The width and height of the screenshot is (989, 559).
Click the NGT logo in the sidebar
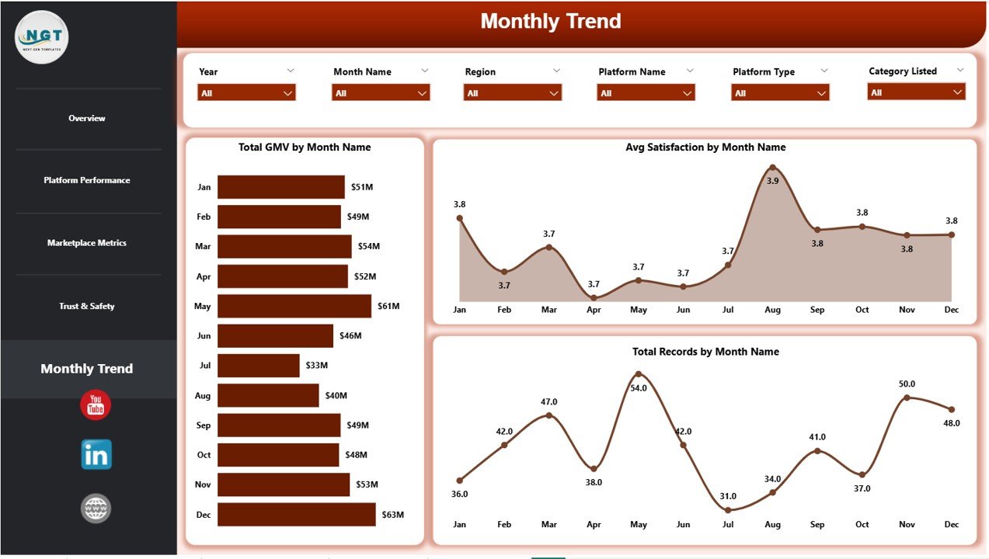[x=42, y=36]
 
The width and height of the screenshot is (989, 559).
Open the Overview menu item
[x=87, y=119]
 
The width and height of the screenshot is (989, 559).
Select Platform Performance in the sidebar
[x=87, y=180]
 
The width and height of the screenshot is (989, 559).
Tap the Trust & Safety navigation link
[x=87, y=307]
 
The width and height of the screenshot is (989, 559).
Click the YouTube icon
[x=96, y=405]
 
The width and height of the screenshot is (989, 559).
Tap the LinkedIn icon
[x=96, y=455]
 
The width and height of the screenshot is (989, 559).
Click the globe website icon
[x=96, y=509]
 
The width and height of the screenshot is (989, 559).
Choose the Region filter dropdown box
[x=512, y=93]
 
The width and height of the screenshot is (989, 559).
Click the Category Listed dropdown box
[x=916, y=92]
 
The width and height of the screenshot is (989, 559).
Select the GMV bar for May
[x=294, y=306]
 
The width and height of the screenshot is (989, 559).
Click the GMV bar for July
[x=258, y=366]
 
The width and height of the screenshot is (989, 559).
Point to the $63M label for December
[x=392, y=515]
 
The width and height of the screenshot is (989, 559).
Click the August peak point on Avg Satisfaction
[x=772, y=167]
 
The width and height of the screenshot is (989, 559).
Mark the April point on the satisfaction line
[x=594, y=297]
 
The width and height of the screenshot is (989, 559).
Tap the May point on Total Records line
[x=639, y=373]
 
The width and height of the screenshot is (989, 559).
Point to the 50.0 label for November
[x=907, y=384]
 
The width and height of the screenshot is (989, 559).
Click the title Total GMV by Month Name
[x=305, y=148]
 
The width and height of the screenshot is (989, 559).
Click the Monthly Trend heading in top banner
[x=550, y=22]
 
